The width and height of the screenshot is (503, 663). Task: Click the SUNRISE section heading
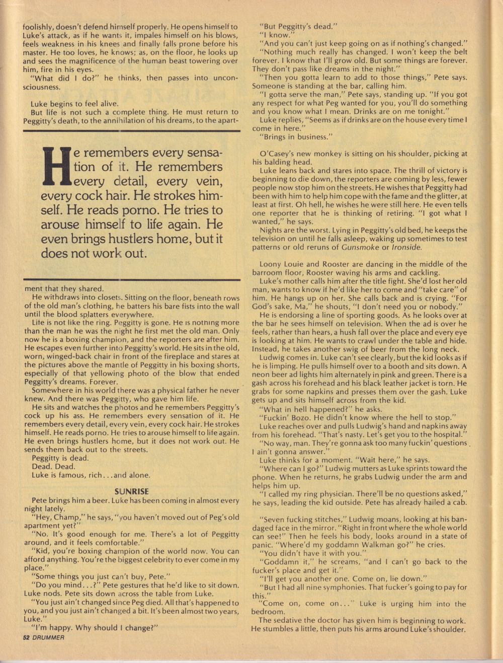coord(131,491)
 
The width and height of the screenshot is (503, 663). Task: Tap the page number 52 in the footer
coord(27,637)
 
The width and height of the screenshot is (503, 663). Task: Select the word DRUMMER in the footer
coord(49,637)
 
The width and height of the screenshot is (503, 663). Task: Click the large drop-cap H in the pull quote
coord(56,166)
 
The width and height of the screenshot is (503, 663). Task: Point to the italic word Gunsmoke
coord(359,247)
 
